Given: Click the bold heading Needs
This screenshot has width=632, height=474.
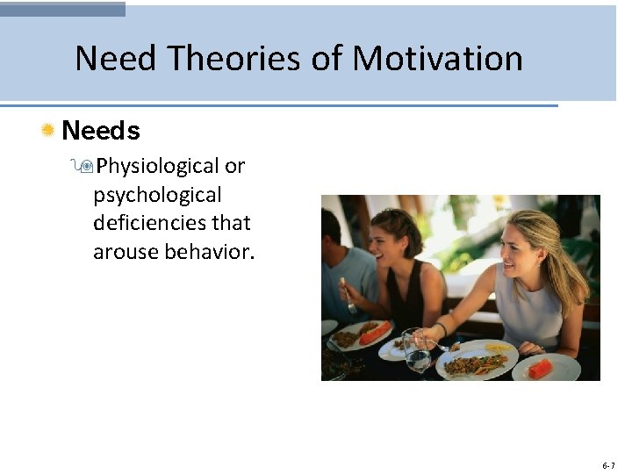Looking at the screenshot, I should [101, 131].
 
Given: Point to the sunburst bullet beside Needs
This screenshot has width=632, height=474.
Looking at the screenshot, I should [48, 131].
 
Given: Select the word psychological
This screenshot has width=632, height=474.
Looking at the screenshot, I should [157, 194].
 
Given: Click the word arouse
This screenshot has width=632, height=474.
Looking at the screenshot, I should [125, 252].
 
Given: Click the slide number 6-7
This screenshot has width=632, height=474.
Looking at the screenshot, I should [609, 464].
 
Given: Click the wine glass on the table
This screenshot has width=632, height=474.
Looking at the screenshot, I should [416, 349].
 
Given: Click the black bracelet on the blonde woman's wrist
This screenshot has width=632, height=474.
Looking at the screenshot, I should [443, 328].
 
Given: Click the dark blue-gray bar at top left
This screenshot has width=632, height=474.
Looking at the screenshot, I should [62, 9].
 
